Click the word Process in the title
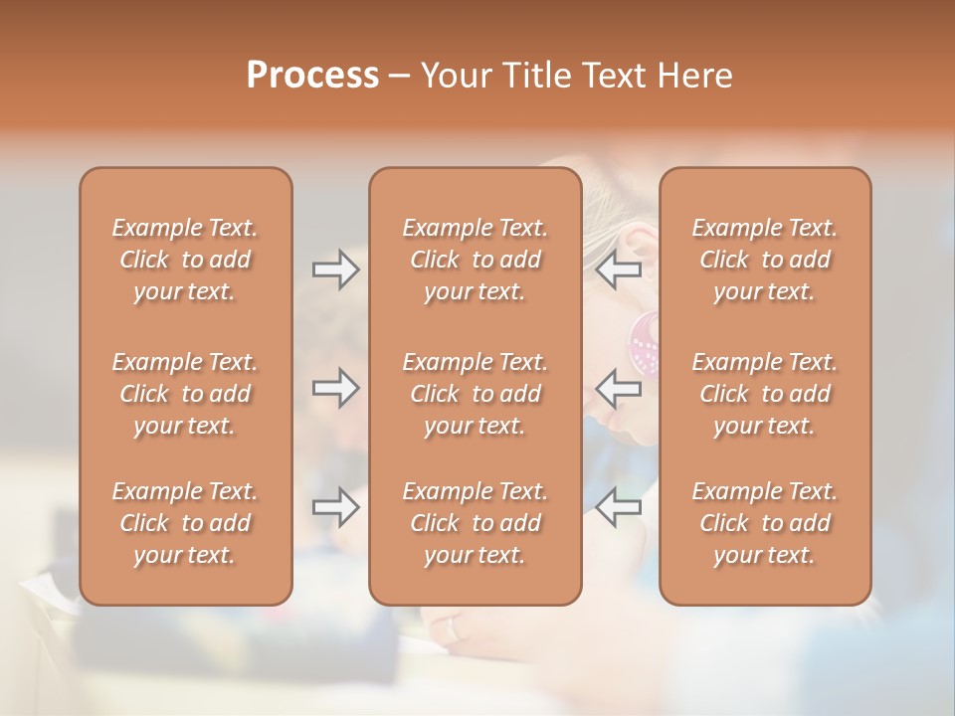(312, 76)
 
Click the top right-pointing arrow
(335, 268)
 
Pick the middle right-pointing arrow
(335, 388)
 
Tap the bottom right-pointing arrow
(335, 507)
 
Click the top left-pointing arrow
(619, 268)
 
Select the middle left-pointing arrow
(619, 388)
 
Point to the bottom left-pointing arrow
(619, 507)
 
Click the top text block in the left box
(185, 260)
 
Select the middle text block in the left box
(185, 394)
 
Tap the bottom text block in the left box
(185, 523)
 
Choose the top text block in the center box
(476, 260)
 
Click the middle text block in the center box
(476, 394)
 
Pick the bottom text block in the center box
(476, 523)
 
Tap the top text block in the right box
(765, 260)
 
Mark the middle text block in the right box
(765, 394)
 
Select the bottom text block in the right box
(765, 523)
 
